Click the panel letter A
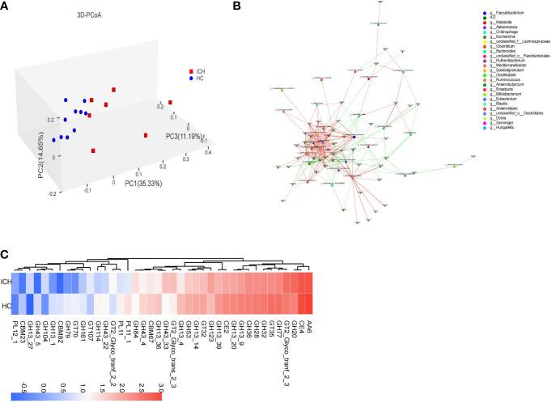[6, 6]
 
